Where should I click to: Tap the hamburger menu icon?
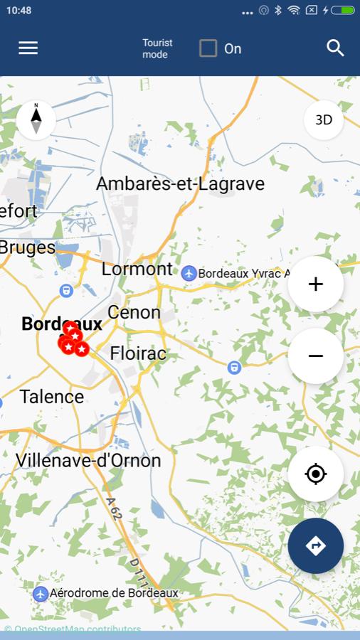coord(28,48)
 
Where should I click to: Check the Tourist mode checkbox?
coord(208,48)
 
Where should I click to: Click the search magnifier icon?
coord(335,48)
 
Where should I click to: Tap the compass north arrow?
coord(36,119)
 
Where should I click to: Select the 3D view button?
coord(324,120)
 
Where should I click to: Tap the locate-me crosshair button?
coord(316,474)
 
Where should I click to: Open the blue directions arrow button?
coord(316,545)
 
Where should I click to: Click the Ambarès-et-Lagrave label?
coord(180,183)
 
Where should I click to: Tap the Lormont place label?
coord(137,269)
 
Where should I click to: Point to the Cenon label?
coord(134,312)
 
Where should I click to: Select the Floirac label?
coord(138,353)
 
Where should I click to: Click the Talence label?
coord(52,397)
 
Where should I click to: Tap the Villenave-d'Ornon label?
coord(88,460)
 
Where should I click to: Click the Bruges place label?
coord(28,247)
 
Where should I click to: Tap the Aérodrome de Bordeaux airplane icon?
coord(41,593)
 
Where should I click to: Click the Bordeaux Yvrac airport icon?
coord(189,273)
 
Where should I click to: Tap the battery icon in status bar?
coord(342,11)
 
